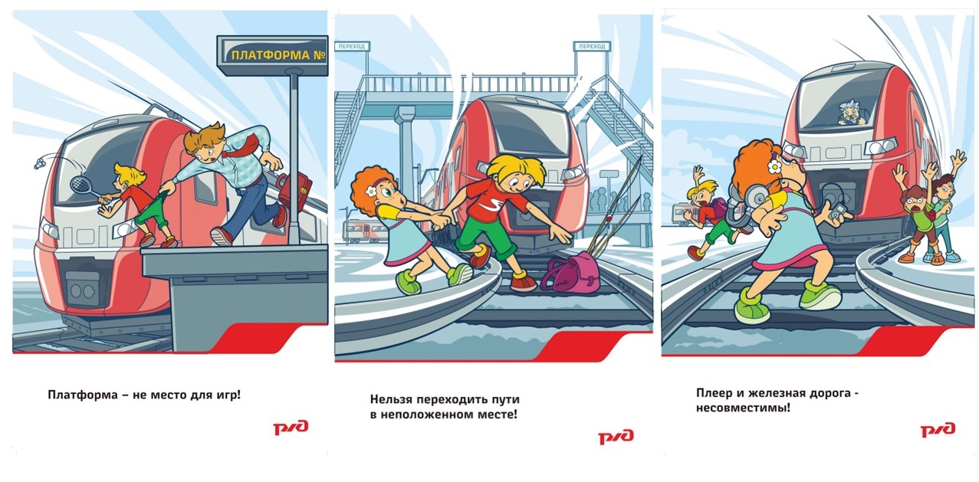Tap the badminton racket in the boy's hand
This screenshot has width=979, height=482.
[x=86, y=189]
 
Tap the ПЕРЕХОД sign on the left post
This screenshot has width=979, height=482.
[x=352, y=46]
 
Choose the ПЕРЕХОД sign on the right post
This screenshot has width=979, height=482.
[x=592, y=46]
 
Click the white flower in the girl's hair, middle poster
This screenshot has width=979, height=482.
[x=370, y=191]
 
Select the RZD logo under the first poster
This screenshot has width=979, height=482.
[x=291, y=427]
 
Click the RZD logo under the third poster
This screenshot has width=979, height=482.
[x=938, y=429]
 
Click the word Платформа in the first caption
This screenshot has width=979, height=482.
[x=83, y=395]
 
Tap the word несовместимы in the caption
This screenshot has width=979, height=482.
[x=743, y=408]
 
